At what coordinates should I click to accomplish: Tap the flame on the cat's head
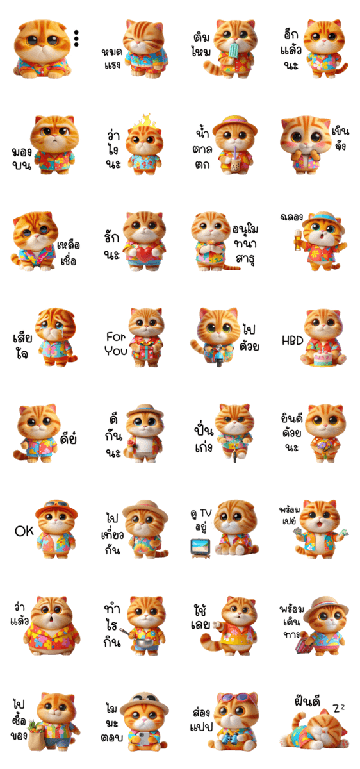coord(145,122)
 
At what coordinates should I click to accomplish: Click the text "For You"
coord(116,343)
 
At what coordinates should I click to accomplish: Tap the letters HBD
coord(292,340)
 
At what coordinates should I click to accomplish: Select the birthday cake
coord(323,358)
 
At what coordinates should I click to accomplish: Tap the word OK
coord(24,531)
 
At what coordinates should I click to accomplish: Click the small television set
coord(200,547)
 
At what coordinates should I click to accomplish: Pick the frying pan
coord(138,640)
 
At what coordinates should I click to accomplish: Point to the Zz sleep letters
coord(339,707)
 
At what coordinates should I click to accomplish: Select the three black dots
coord(76,38)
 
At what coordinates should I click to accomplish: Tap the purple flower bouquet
coord(323,445)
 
